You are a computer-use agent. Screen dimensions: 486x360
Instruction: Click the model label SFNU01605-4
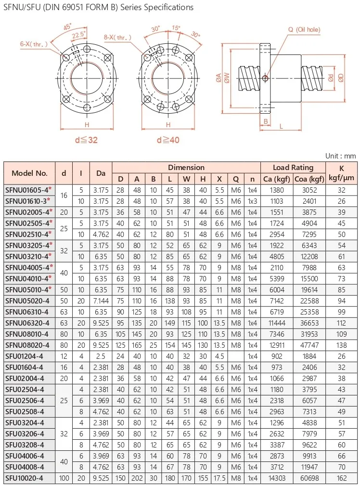[27, 190]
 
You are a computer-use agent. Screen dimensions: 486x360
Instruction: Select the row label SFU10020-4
[25, 478]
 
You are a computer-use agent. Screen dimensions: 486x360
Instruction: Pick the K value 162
[342, 478]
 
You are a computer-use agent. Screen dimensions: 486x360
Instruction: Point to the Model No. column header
[30, 173]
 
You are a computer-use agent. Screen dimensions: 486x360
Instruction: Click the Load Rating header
[293, 168]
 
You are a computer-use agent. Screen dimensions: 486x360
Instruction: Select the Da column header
[101, 173]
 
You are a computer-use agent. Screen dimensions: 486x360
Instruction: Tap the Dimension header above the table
[186, 168]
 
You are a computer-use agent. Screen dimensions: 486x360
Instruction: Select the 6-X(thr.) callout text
[34, 45]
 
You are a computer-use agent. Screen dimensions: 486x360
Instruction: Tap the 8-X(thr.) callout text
[118, 36]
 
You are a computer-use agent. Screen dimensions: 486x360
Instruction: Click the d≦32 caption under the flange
[87, 140]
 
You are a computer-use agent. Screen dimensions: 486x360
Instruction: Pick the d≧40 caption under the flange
[168, 140]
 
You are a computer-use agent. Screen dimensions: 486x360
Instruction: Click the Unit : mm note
[340, 156]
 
